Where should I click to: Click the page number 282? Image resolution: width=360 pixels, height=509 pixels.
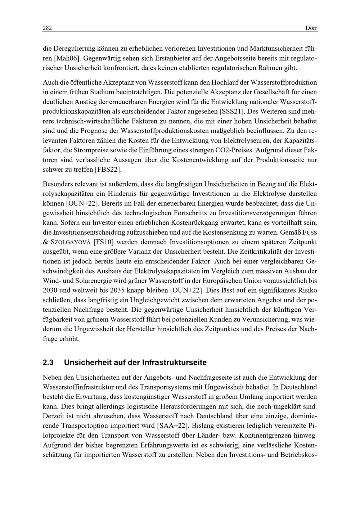(x=48, y=28)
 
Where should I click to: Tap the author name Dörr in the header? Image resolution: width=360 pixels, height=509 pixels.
(x=311, y=28)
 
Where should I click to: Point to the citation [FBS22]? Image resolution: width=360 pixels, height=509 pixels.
(x=108, y=169)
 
